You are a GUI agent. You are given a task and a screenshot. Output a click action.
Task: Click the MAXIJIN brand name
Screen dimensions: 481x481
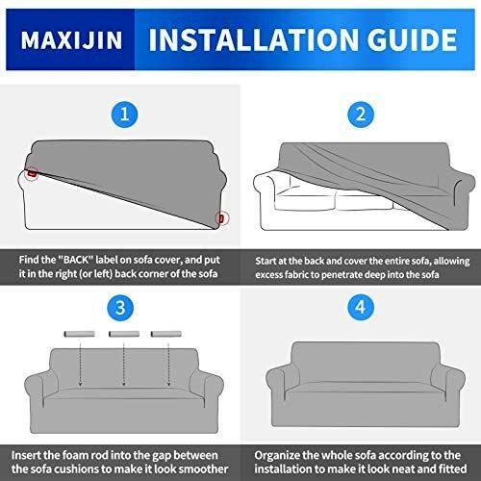[71, 40]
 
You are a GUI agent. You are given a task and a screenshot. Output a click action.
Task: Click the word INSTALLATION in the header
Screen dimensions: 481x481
[253, 39]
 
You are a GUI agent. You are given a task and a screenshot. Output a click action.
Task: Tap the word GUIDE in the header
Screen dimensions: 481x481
[412, 39]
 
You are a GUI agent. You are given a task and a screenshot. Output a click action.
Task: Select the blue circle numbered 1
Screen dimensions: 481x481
[124, 114]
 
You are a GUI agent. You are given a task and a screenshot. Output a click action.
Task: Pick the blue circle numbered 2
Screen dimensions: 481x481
[361, 114]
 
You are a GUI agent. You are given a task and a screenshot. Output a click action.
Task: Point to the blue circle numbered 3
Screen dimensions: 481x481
[120, 308]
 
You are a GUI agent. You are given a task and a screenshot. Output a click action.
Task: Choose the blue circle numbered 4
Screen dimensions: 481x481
[361, 307]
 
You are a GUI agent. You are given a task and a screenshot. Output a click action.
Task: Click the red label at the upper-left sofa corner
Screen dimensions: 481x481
[32, 173]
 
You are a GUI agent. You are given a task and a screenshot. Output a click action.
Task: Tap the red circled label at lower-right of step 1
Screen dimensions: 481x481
[221, 218]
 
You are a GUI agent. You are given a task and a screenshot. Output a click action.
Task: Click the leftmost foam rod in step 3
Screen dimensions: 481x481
[80, 334]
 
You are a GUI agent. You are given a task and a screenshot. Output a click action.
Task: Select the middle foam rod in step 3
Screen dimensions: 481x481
[124, 334]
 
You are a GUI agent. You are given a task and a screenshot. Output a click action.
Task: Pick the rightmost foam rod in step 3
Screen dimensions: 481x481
[166, 334]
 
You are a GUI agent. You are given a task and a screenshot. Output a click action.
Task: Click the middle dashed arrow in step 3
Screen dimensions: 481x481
[124, 364]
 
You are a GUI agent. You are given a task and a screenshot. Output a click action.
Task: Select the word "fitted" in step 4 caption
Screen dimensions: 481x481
[453, 468]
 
